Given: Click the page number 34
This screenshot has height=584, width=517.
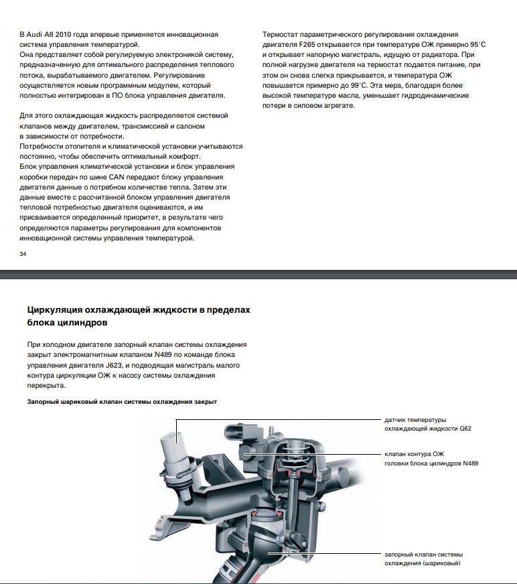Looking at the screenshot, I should [x=23, y=254].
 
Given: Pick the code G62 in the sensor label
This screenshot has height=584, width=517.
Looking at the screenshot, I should [x=466, y=429].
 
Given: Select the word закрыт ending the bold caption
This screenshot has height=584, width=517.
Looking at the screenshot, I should [x=206, y=401].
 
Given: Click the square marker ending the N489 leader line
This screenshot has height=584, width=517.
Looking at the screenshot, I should [x=248, y=454].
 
